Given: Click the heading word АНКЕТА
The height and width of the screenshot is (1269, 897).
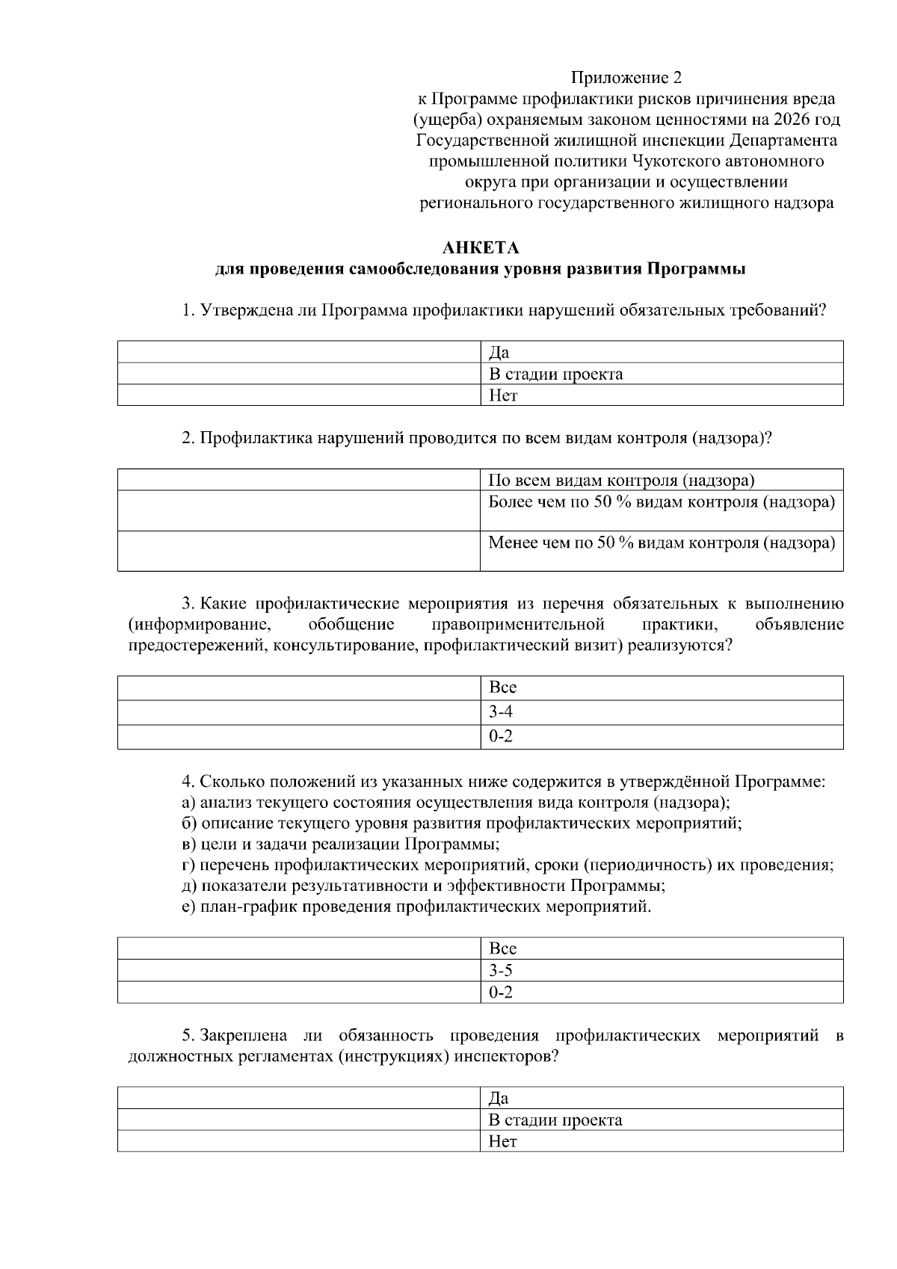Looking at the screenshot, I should click(x=480, y=248).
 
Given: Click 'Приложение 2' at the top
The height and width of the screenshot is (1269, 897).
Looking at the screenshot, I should click(x=626, y=78).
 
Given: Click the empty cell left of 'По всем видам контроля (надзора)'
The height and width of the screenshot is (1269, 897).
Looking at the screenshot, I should click(x=299, y=480).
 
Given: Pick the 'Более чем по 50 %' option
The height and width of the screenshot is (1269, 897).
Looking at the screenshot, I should click(x=661, y=502).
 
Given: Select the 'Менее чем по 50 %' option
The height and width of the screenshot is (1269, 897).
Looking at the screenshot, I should click(x=661, y=543).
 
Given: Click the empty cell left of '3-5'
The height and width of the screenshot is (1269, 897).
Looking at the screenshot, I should click(x=299, y=971).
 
